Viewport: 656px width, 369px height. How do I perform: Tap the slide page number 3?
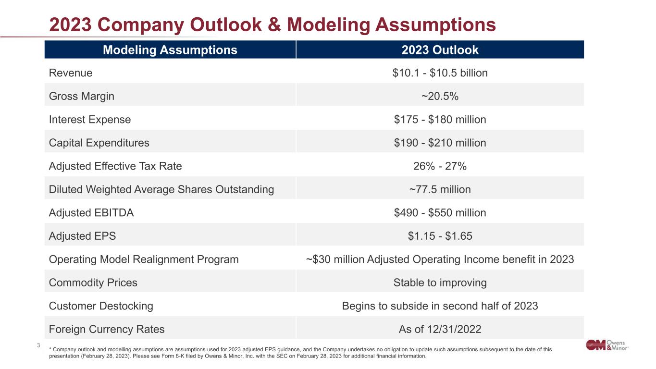[38, 344]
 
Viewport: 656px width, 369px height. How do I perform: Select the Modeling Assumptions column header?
[170, 50]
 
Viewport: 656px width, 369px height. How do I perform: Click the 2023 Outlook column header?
[440, 50]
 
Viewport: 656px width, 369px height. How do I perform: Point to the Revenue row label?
[71, 73]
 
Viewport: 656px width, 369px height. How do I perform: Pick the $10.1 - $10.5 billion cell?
[440, 73]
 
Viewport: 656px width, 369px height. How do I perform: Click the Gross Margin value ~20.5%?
[440, 96]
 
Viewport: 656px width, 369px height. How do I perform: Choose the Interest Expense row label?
[90, 120]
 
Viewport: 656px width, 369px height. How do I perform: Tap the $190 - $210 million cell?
[440, 143]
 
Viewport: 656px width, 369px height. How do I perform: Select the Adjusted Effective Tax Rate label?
[115, 166]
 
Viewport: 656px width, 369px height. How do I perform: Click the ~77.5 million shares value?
[440, 189]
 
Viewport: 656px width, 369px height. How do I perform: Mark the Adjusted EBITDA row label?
[91, 213]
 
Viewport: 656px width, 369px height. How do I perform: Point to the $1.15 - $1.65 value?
[440, 236]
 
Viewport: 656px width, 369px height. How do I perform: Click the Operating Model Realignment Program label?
[144, 259]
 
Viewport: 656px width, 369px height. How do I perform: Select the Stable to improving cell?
[440, 283]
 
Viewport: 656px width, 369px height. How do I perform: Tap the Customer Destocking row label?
[101, 306]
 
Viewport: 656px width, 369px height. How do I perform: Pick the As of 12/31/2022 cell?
[440, 329]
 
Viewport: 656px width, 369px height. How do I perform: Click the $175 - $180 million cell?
[440, 120]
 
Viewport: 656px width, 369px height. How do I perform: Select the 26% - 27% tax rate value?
[440, 166]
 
